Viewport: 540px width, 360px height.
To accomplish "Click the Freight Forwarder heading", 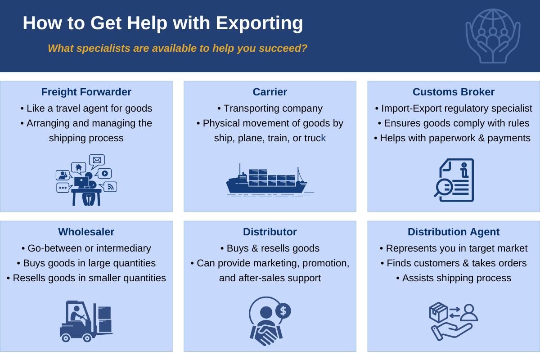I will (x=86, y=92).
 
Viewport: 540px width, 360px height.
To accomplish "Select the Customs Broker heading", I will (x=454, y=92).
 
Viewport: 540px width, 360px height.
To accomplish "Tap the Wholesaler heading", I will (x=86, y=232).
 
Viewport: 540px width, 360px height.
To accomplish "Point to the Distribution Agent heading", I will (x=454, y=232).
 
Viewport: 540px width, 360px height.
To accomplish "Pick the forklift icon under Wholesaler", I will (x=85, y=321).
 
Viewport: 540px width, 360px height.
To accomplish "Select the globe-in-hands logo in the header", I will (x=493, y=36).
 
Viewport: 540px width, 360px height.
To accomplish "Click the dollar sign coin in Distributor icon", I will (x=283, y=310).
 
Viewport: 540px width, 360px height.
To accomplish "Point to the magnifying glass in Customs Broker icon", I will (x=444, y=187).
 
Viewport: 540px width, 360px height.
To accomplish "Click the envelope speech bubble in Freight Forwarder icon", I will (x=97, y=160).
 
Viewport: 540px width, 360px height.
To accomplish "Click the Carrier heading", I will (x=270, y=92).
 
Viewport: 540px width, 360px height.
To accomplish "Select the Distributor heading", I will (x=270, y=232).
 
